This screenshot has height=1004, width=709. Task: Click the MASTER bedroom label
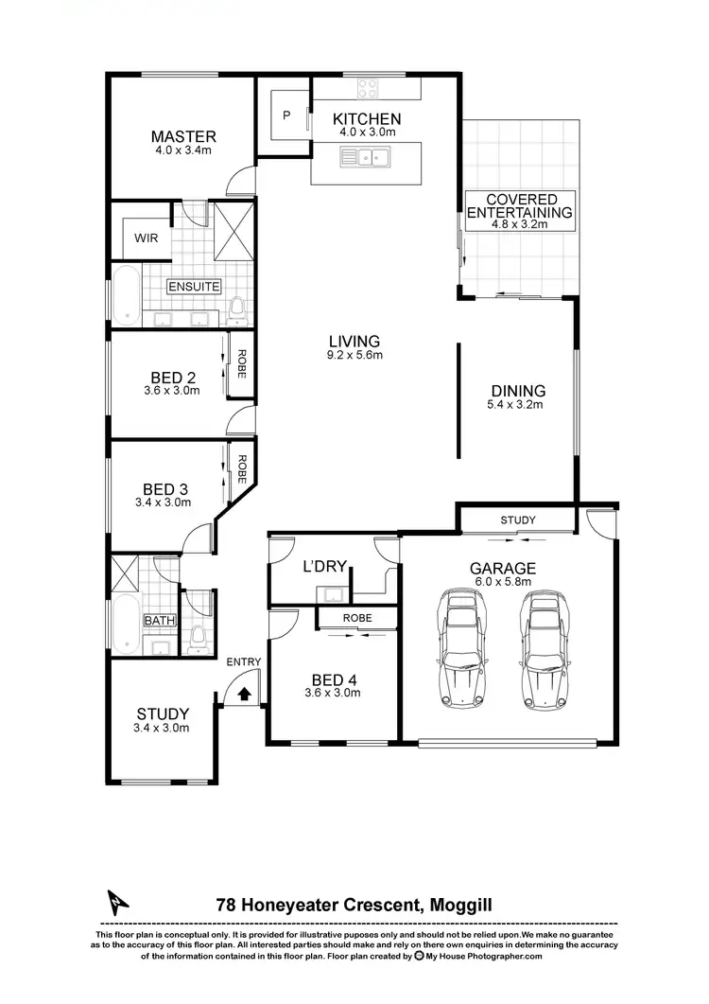pyautogui.click(x=183, y=136)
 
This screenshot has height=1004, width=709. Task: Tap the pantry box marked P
pyautogui.click(x=286, y=116)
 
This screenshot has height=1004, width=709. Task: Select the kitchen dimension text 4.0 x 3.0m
pyautogui.click(x=367, y=133)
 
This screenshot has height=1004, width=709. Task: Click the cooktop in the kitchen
pyautogui.click(x=368, y=89)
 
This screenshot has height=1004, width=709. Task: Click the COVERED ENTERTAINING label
pyautogui.click(x=521, y=206)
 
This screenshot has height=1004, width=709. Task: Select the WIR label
pyautogui.click(x=147, y=238)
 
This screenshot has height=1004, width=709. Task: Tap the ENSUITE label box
pyautogui.click(x=194, y=286)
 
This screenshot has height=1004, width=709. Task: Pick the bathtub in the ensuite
pyautogui.click(x=126, y=296)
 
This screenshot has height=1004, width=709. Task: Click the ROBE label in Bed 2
pyautogui.click(x=242, y=364)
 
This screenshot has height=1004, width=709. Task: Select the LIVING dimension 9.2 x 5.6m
pyautogui.click(x=354, y=356)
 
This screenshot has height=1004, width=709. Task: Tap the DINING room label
pyautogui.click(x=518, y=390)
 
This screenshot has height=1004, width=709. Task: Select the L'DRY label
pyautogui.click(x=320, y=568)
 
